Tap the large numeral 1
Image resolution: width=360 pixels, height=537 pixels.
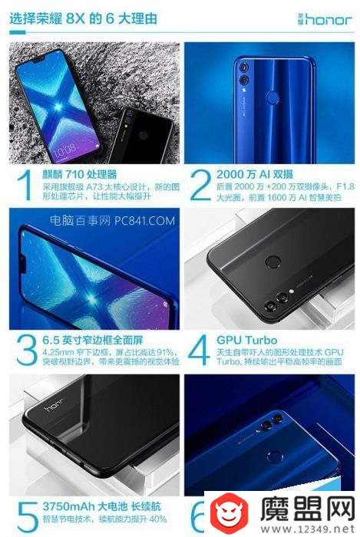pos(25,185)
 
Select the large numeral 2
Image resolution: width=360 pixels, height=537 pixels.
pos(200,185)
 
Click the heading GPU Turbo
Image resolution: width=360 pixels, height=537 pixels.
pos(246,338)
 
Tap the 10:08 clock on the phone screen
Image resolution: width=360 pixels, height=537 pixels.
pos(45,147)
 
